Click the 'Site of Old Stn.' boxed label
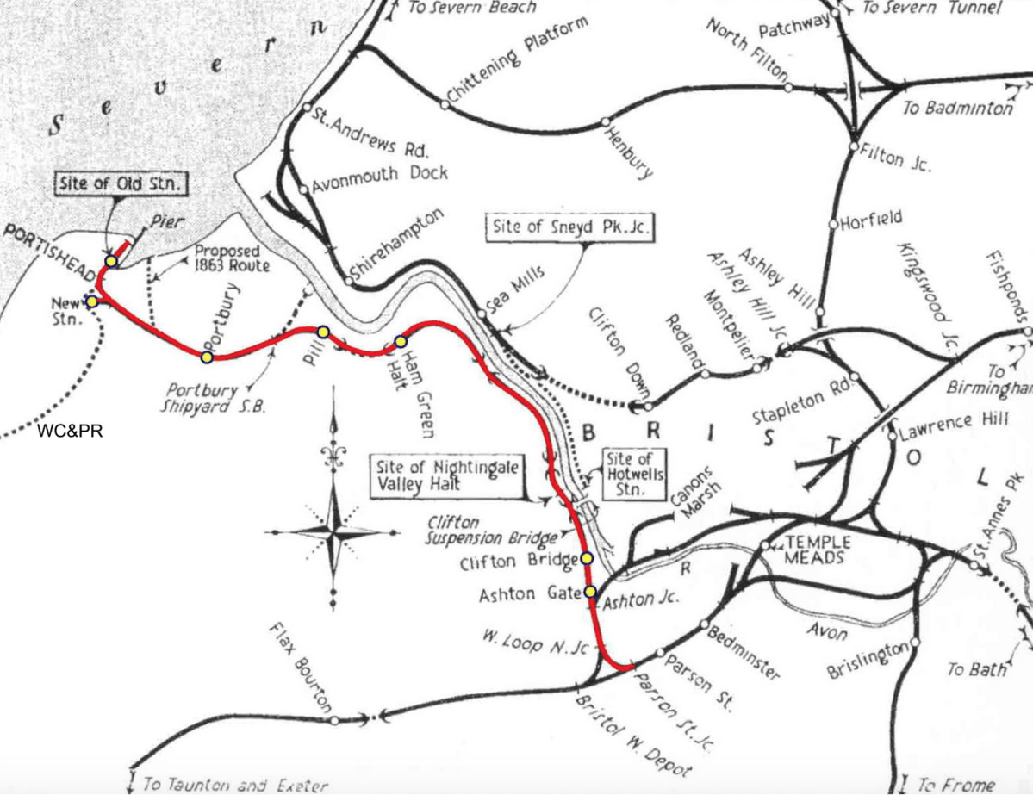[121, 183]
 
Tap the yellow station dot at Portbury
[207, 357]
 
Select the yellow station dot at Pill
[323, 332]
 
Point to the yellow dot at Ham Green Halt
[401, 342]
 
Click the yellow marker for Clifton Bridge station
[587, 558]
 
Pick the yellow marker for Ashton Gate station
[590, 592]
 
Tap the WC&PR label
[70, 432]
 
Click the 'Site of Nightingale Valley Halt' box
[447, 476]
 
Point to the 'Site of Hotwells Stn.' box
[635, 474]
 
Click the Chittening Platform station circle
[445, 104]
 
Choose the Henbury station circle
[606, 121]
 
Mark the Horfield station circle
[832, 224]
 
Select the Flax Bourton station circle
[333, 720]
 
